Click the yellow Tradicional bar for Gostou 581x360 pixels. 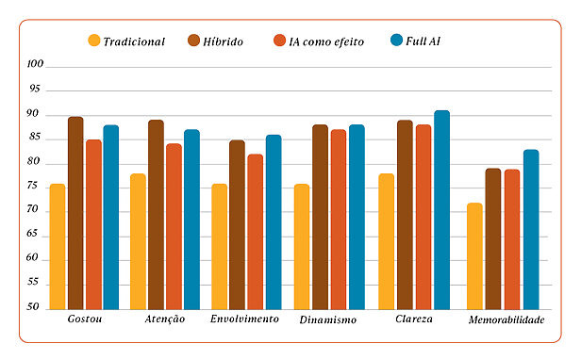(x=58, y=246)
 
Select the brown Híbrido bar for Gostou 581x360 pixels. (x=75, y=213)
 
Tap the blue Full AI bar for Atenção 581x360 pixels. (x=191, y=219)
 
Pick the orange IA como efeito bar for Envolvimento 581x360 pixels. (x=255, y=231)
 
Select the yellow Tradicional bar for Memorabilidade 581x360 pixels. (x=474, y=255)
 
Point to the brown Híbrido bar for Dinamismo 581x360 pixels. (x=320, y=217)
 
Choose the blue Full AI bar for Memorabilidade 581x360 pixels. (x=531, y=229)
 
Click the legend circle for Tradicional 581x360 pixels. (x=93, y=41)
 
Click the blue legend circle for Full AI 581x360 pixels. (x=396, y=41)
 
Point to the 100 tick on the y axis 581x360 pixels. (x=36, y=65)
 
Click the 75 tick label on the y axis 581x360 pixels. (x=36, y=187)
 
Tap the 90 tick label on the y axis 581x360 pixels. (x=36, y=114)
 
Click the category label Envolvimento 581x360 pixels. (x=244, y=319)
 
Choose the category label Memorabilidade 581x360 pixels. (x=506, y=320)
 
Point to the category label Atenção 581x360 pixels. (x=165, y=319)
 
